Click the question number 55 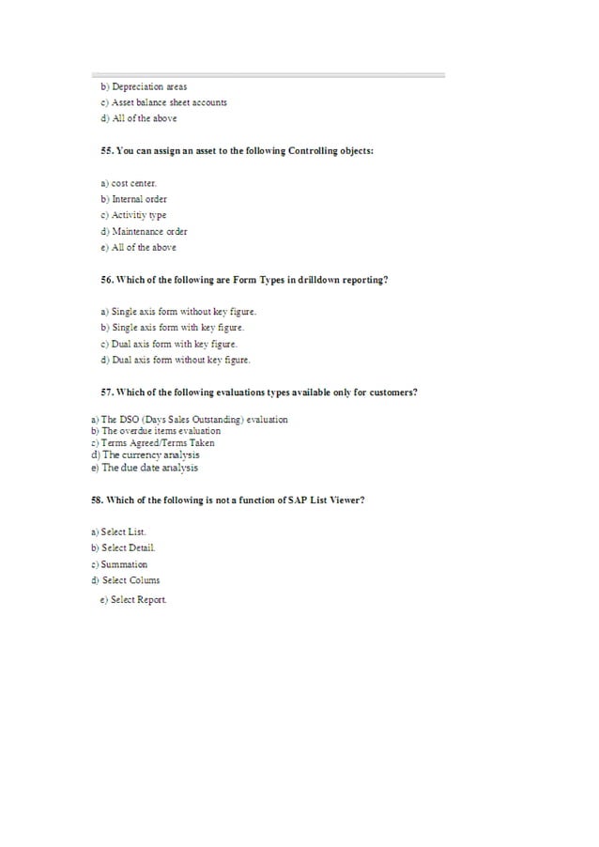(106, 151)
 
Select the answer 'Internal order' (139, 199)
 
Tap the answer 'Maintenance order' (149, 231)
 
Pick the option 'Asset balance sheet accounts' (169, 102)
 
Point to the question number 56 (106, 280)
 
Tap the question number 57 (106, 392)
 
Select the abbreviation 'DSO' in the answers (128, 420)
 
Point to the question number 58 (97, 500)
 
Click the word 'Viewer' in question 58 (344, 500)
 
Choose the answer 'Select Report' (138, 600)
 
